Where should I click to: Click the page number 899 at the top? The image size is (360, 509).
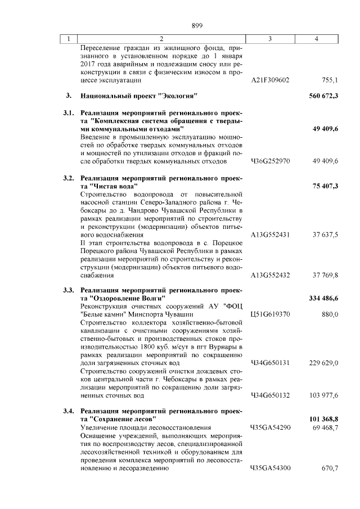click(x=196, y=25)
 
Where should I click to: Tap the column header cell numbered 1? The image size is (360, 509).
click(x=68, y=39)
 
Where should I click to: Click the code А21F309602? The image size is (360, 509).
click(x=270, y=80)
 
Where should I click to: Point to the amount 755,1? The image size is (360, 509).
click(x=329, y=80)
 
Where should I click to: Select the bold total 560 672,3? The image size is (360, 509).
click(x=323, y=96)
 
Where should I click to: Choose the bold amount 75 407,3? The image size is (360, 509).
click(x=323, y=186)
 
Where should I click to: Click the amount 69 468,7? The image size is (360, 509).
click(x=325, y=428)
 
